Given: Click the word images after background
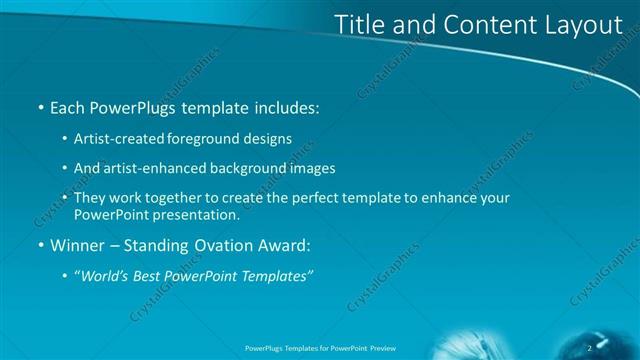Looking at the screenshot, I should [312, 169].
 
